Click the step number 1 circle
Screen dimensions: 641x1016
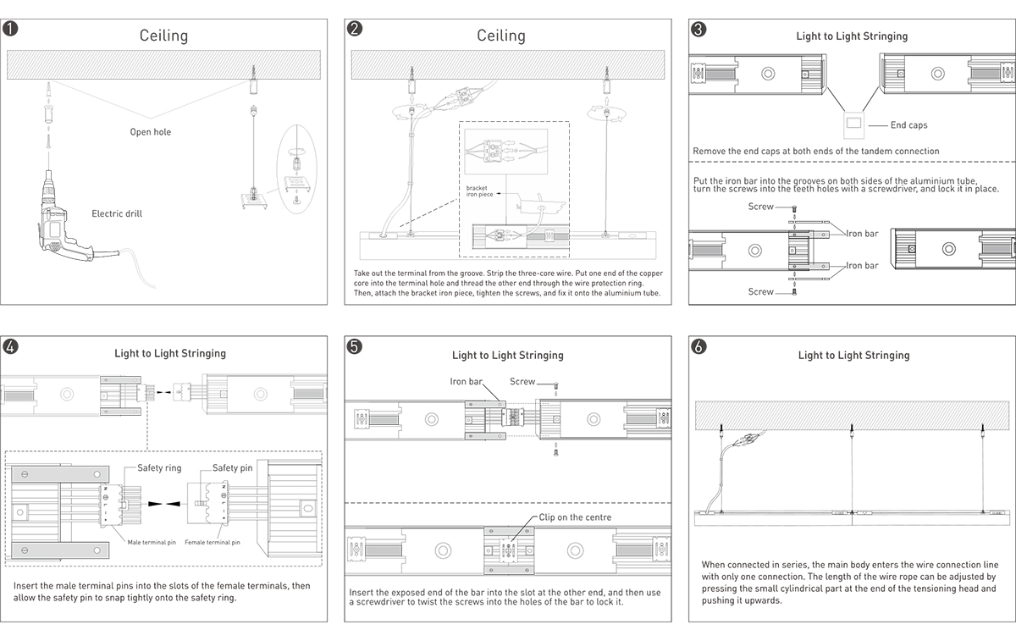point(10,29)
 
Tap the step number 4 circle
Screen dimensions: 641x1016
point(10,346)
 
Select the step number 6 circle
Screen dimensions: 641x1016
point(698,346)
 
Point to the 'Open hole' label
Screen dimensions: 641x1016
point(150,132)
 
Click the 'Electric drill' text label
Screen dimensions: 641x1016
point(117,213)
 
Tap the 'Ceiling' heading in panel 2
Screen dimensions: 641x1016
point(501,36)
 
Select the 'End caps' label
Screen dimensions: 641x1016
point(908,125)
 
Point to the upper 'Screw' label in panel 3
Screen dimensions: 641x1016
point(760,207)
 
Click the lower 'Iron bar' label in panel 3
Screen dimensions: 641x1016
point(862,266)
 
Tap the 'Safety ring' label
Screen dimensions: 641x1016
point(159,468)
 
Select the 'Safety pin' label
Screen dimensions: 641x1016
point(232,468)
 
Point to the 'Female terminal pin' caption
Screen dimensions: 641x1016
point(212,542)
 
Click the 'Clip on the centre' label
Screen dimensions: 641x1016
point(575,517)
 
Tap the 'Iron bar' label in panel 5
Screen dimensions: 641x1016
point(466,382)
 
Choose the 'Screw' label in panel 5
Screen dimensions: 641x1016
point(522,382)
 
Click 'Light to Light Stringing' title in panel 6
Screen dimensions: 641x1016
point(853,356)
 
